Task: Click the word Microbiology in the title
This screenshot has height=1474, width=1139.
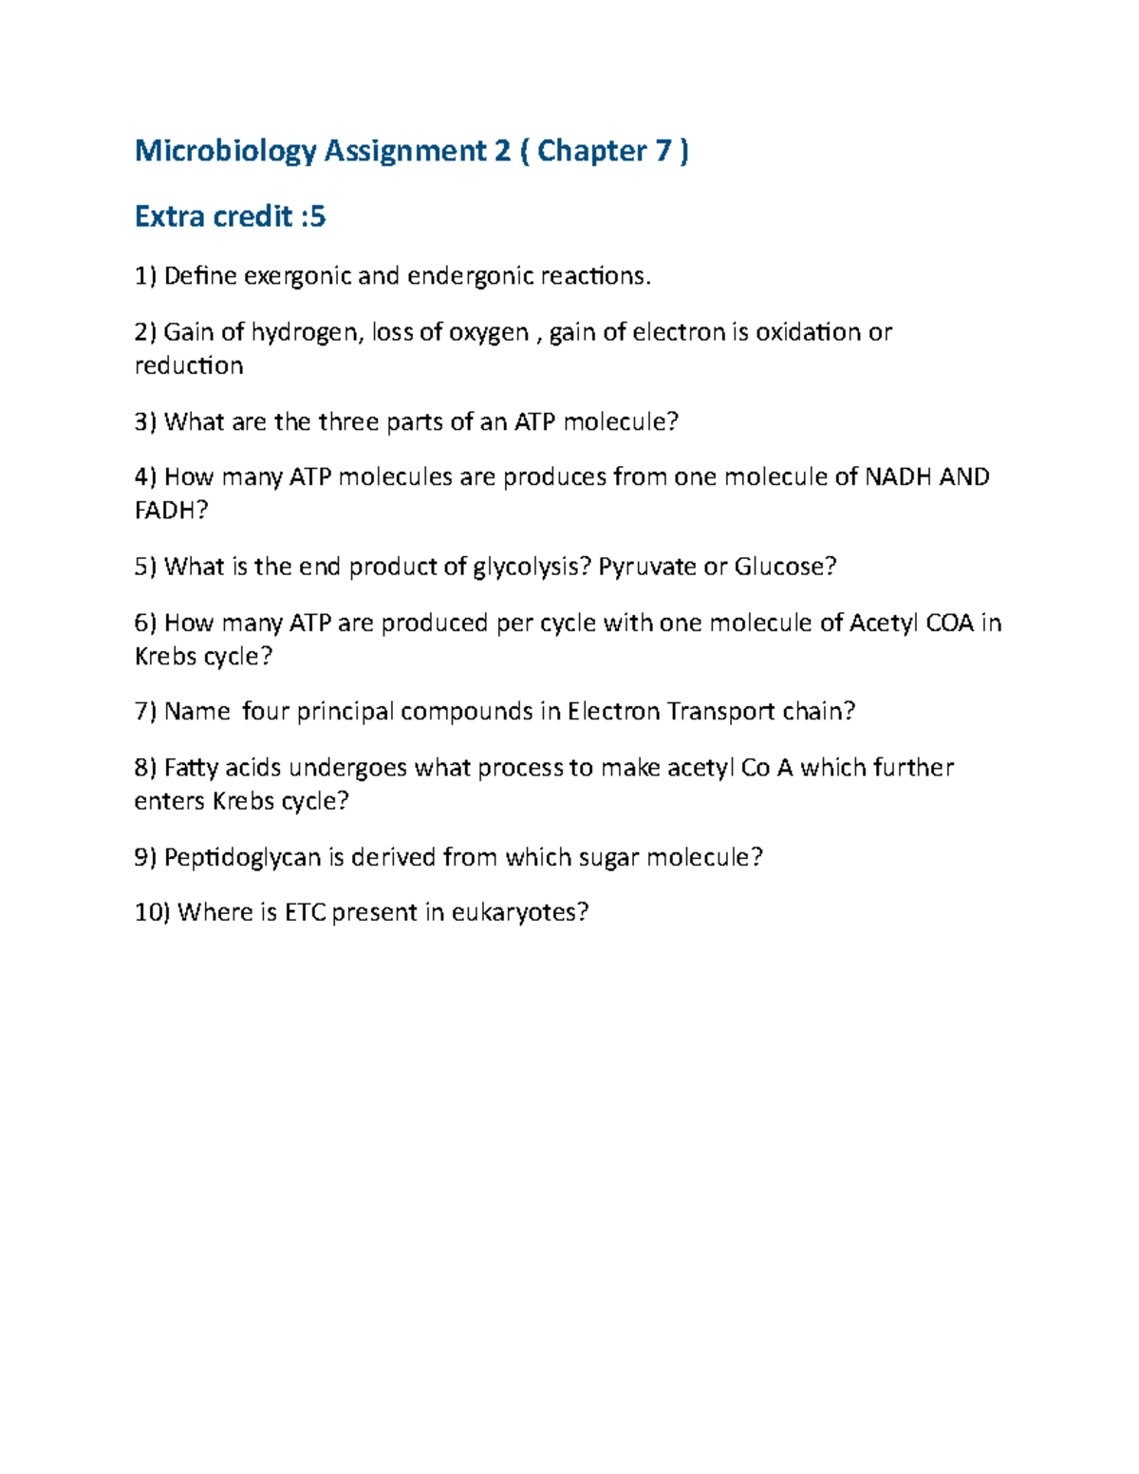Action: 225,152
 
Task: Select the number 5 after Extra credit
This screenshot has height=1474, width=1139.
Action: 317,217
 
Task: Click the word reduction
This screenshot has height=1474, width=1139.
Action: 189,366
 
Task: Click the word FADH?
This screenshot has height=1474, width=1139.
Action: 171,512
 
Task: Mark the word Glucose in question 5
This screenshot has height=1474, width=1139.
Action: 784,568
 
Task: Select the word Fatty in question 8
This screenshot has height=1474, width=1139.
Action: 191,768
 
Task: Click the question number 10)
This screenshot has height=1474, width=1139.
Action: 152,913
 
